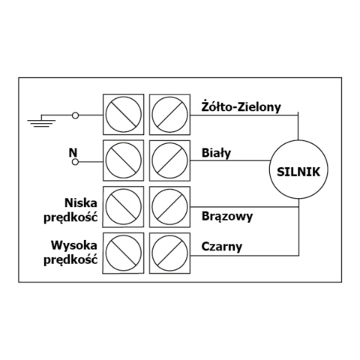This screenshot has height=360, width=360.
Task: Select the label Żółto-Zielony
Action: (241, 106)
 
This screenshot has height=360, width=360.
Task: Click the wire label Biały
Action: (216, 153)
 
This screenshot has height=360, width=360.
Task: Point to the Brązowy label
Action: (227, 217)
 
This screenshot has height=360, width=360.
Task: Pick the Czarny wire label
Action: (222, 247)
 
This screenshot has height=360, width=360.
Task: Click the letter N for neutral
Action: (73, 152)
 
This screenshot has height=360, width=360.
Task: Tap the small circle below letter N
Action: (75, 162)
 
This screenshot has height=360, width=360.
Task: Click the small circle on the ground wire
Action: (75, 115)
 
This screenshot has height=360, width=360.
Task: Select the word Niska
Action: (81, 202)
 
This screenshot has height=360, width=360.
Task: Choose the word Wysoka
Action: (74, 245)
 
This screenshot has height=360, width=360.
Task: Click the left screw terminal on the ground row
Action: (123, 115)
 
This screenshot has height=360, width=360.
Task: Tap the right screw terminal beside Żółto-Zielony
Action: (169, 115)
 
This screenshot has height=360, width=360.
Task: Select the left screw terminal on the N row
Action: (123, 160)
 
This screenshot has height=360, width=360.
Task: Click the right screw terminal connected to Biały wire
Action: (169, 160)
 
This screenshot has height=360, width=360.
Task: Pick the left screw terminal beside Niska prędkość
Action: (123, 207)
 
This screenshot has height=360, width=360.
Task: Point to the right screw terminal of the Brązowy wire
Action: (169, 207)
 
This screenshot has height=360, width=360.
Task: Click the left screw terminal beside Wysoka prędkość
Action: (123, 253)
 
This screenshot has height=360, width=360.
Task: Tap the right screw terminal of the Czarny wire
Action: (169, 253)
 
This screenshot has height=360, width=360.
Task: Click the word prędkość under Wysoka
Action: (70, 259)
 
